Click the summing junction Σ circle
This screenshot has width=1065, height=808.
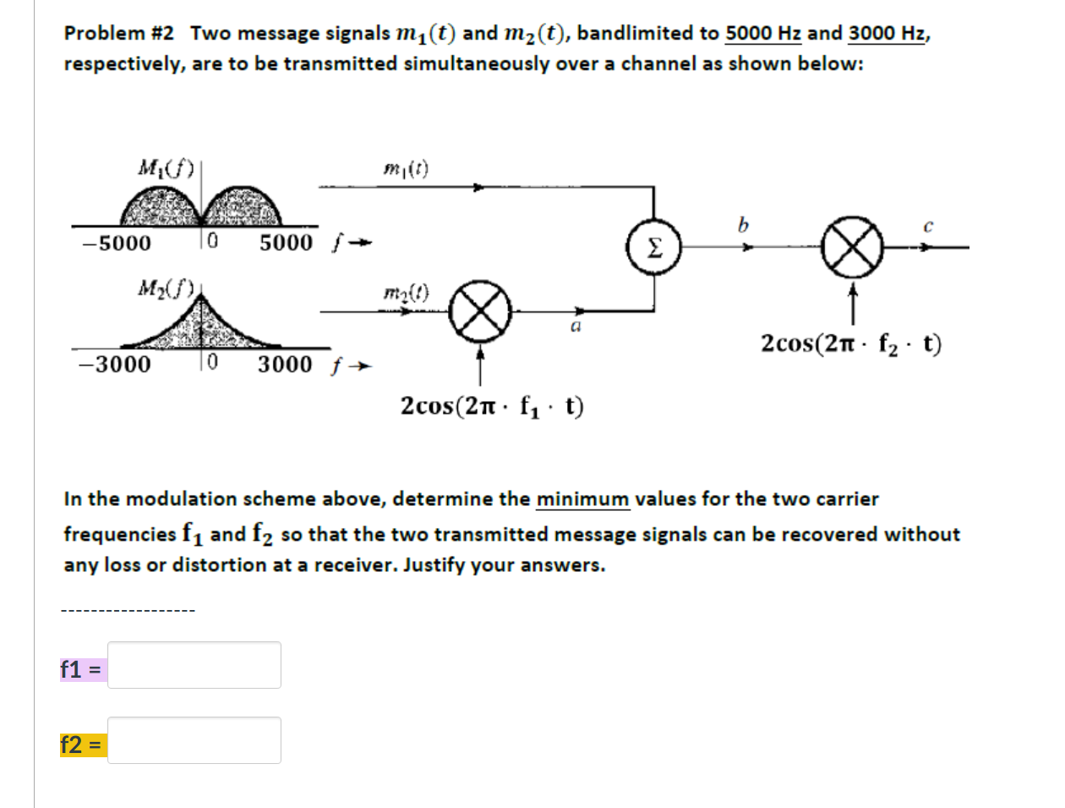coord(654,248)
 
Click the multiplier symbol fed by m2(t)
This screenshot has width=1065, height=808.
coord(479,311)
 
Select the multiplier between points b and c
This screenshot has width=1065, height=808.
coord(851,248)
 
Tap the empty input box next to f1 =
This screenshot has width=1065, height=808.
coord(194,665)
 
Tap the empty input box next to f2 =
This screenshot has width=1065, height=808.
coord(194,740)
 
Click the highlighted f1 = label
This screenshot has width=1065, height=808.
coord(82,669)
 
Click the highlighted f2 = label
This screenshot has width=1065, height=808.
coord(82,745)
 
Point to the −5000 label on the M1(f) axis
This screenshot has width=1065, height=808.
coord(117,244)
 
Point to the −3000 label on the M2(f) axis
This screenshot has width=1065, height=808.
coord(115,365)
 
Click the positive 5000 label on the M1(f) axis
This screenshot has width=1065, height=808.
coord(286,244)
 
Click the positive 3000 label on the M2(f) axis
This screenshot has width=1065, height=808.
coord(285,365)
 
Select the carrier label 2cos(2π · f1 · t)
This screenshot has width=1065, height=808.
coord(492,407)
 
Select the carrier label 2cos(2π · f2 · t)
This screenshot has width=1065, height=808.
coord(850,344)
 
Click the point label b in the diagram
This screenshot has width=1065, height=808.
coord(743,225)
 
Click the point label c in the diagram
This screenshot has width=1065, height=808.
coord(927,226)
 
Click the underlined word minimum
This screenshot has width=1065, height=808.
coord(582,499)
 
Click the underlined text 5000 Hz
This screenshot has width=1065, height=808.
coord(763,33)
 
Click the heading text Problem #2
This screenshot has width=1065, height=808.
coord(119,33)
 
